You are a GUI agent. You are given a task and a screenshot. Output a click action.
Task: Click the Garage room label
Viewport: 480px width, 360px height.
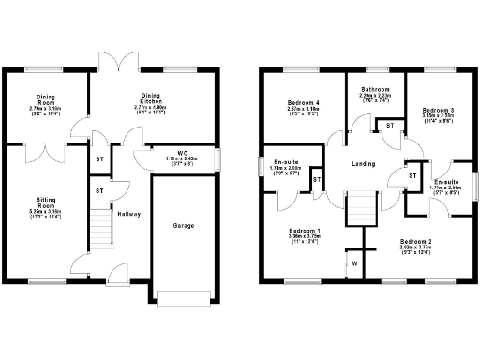click(x=184, y=226)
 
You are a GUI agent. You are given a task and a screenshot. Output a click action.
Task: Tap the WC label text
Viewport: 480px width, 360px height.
click(x=183, y=152)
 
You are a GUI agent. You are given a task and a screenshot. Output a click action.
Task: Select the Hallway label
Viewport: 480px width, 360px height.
click(x=128, y=214)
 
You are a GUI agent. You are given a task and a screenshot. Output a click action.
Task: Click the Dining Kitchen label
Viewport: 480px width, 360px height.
click(x=151, y=96)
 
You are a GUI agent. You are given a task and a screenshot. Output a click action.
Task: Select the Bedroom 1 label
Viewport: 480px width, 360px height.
click(x=304, y=231)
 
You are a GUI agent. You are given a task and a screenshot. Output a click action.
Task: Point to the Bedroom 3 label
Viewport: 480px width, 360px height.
click(x=437, y=110)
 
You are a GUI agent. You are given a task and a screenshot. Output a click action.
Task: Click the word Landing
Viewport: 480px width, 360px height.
click(x=363, y=163)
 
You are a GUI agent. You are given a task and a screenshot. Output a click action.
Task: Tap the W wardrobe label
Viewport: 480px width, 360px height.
click(x=354, y=263)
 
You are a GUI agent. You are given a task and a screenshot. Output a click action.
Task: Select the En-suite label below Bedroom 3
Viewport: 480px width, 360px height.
click(x=446, y=182)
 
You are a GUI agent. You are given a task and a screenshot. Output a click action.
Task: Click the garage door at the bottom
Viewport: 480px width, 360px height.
click(x=184, y=298)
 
